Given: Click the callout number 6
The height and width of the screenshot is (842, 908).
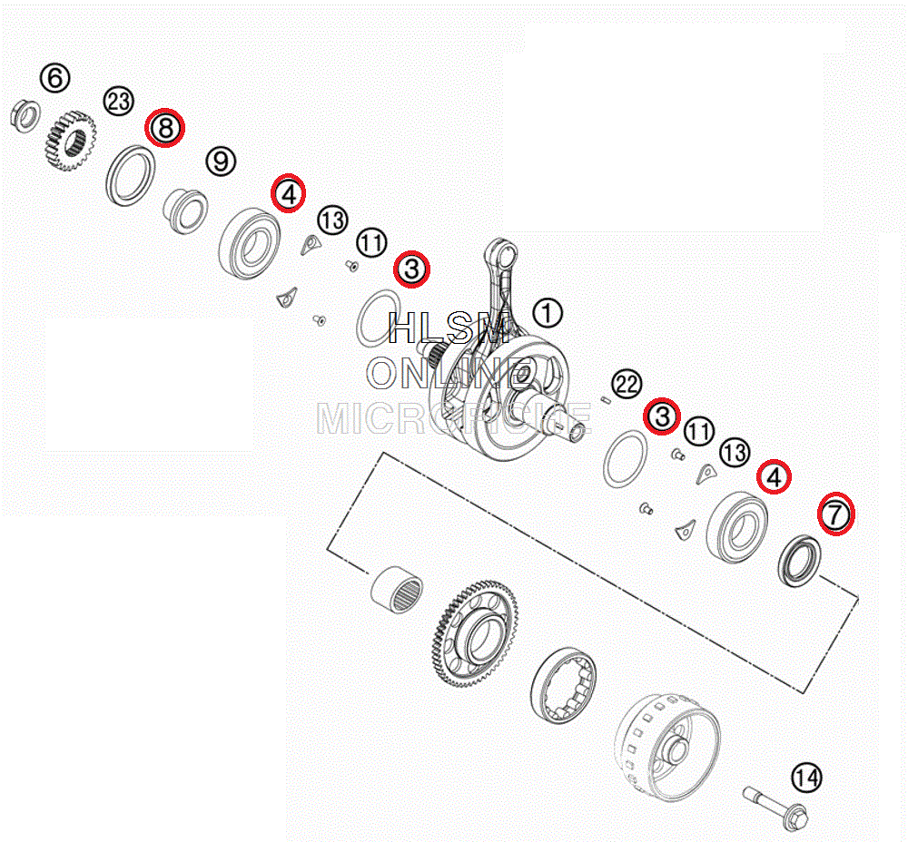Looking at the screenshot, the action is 55,77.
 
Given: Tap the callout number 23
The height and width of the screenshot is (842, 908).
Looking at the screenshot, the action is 119,101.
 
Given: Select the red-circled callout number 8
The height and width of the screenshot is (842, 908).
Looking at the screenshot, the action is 165,128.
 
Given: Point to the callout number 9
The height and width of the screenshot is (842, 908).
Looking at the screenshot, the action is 221,161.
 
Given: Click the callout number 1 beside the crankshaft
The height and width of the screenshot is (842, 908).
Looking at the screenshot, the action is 548,313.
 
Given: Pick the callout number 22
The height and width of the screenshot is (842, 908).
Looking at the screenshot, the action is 627,384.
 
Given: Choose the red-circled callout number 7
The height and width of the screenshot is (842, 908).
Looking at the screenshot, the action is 836,514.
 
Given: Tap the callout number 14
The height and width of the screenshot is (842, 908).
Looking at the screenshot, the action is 806,778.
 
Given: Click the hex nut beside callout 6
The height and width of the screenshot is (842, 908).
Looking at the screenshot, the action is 25,116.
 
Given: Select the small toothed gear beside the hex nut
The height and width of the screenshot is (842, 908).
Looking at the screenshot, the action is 70,142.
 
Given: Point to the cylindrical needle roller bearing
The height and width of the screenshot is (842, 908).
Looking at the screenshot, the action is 396,589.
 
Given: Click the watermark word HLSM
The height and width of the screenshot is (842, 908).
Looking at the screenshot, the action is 449,328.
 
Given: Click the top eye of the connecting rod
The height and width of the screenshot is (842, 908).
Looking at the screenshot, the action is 503,251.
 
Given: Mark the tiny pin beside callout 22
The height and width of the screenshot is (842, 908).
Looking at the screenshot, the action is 606,398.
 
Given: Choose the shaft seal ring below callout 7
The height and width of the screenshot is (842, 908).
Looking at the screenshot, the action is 799,561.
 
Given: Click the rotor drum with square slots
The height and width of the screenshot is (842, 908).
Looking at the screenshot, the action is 667,747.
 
